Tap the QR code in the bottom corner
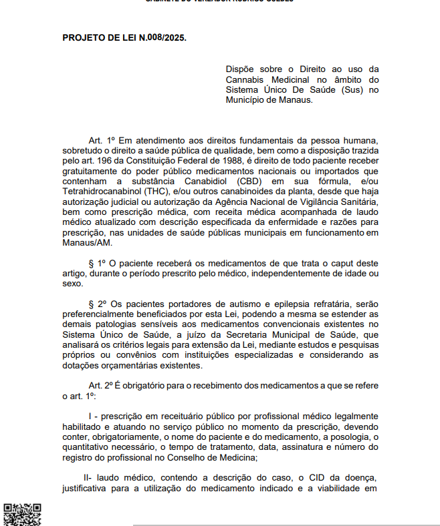[x=23, y=513]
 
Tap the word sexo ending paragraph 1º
[x=72, y=284]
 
